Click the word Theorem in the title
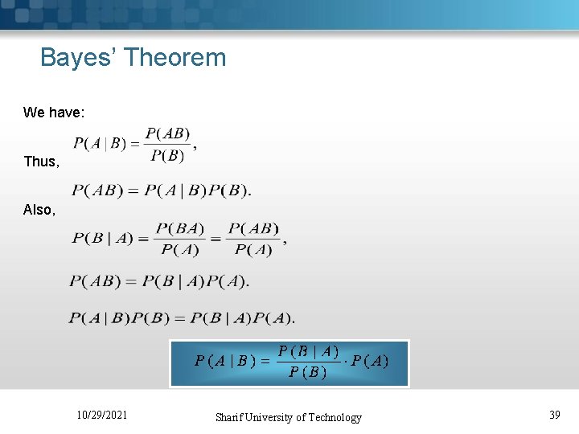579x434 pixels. (175, 58)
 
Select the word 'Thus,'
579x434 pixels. (41, 162)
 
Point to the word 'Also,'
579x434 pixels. (39, 210)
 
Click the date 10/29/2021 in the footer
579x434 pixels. (101, 416)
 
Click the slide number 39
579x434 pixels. (554, 415)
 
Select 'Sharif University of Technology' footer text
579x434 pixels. (288, 417)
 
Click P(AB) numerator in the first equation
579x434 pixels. (167, 134)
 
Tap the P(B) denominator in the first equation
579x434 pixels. (167, 156)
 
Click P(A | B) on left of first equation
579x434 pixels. (101, 145)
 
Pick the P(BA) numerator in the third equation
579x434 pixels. (180, 228)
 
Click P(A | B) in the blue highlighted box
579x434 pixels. (225, 362)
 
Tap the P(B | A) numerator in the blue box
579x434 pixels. (308, 351)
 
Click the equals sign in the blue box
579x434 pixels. (265, 362)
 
